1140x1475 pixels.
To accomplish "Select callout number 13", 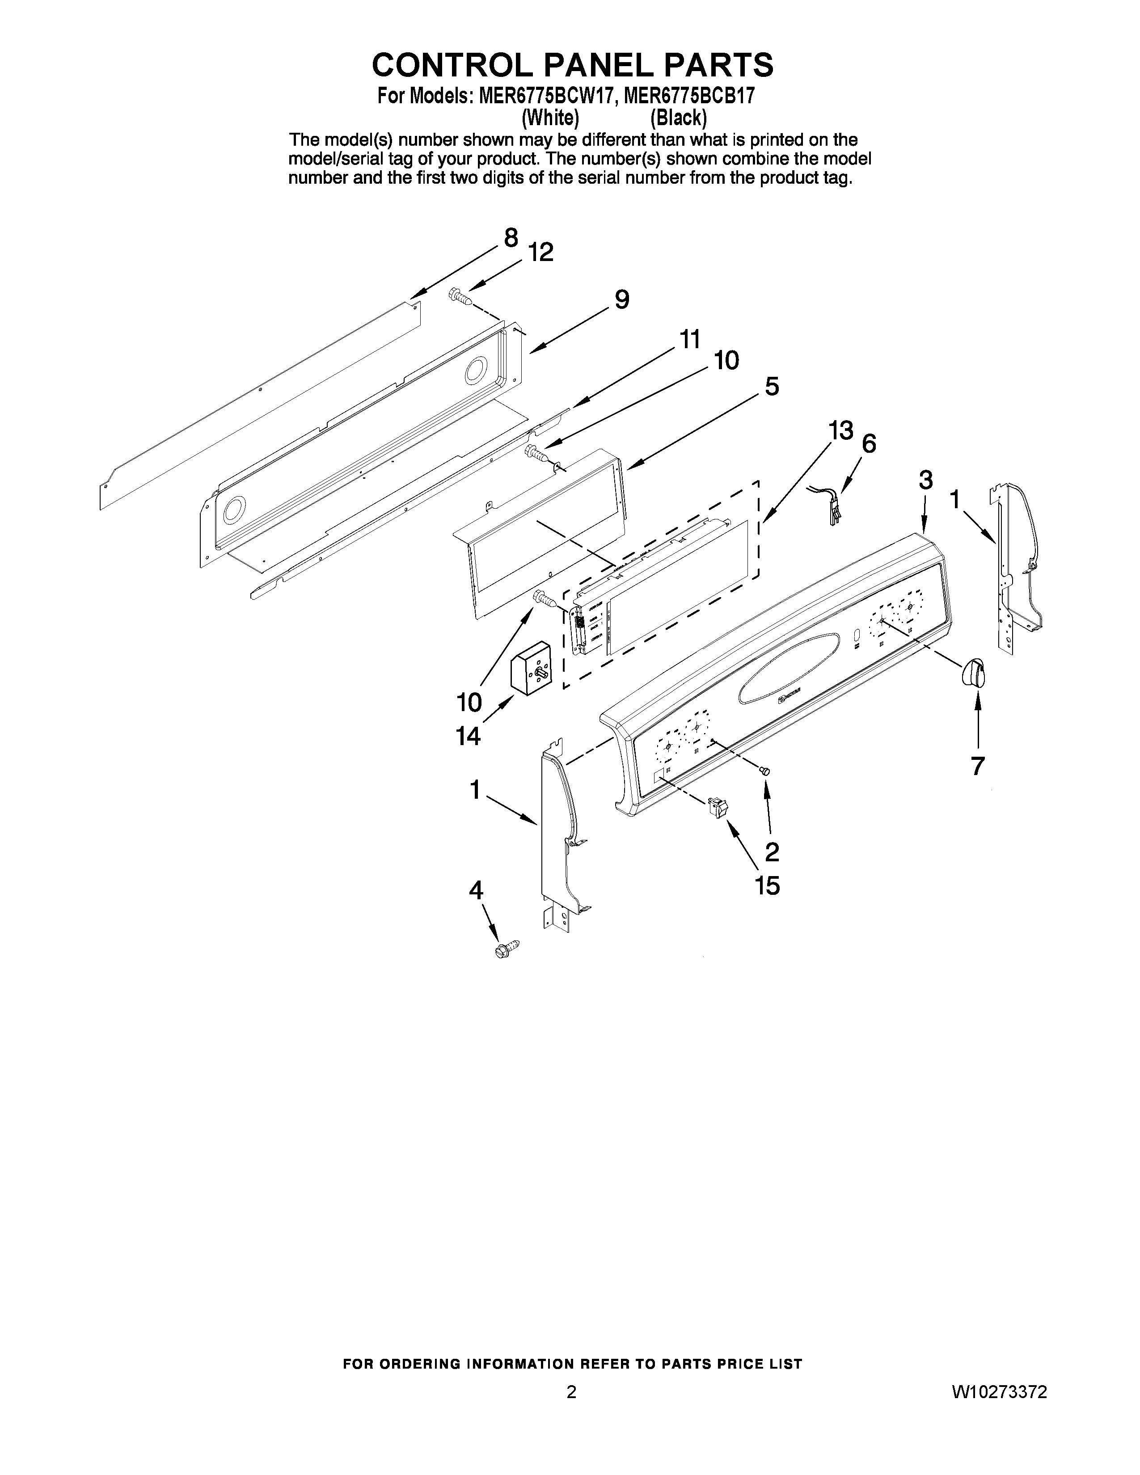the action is pyautogui.click(x=841, y=430).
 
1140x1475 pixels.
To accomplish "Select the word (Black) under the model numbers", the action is pyautogui.click(x=678, y=118).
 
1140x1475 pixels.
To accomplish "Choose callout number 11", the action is pyautogui.click(x=689, y=339).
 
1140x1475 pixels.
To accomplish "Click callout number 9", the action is pyautogui.click(x=621, y=299).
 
